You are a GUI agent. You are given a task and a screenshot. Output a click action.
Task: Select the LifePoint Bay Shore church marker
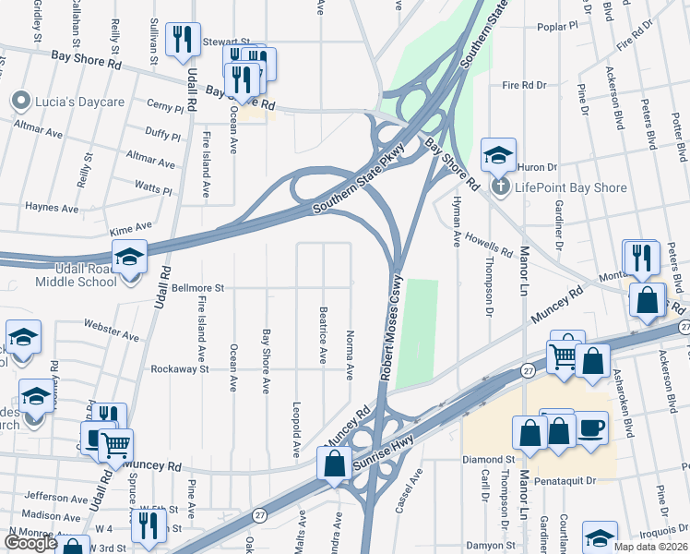tap(499, 187)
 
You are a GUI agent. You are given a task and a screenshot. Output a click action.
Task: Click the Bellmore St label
tap(197, 288)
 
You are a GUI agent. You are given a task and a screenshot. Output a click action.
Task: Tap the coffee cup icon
tap(592, 429)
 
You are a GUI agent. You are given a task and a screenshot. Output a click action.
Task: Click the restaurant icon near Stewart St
tap(182, 39)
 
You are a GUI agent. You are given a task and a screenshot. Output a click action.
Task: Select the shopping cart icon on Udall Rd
tap(116, 446)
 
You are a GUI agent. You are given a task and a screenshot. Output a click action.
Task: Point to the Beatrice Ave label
tap(323, 335)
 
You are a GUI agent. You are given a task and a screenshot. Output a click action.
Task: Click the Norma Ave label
tap(350, 355)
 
